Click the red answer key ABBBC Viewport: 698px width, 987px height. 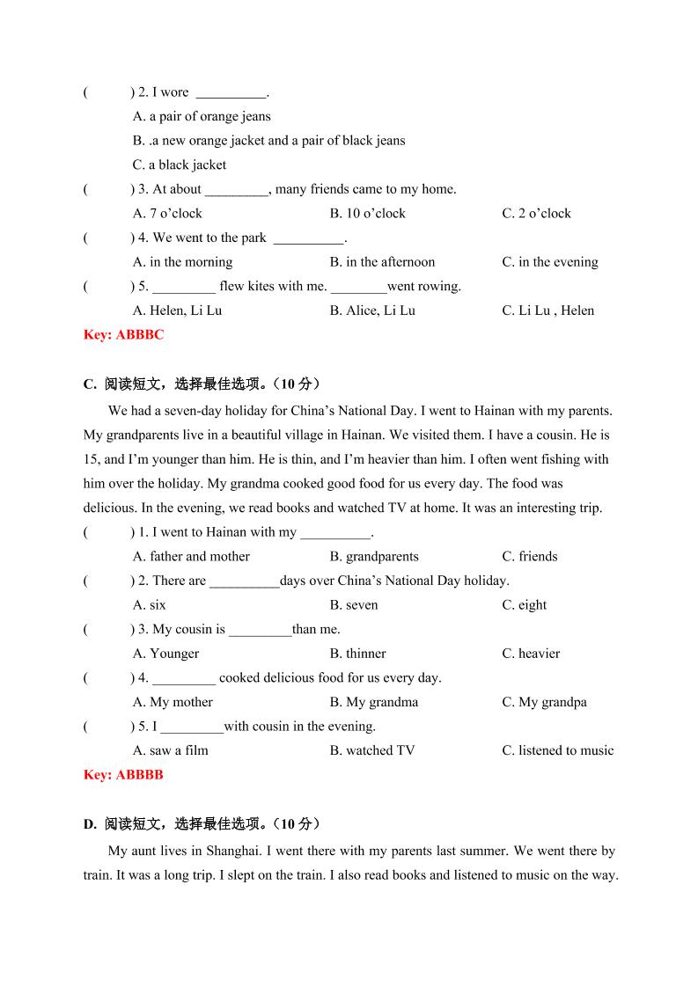pos(123,334)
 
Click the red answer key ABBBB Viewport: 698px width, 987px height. pos(123,775)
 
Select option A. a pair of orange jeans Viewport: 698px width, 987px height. pos(202,116)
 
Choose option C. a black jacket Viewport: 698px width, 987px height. pos(180,164)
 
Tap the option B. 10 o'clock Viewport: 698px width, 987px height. pos(367,213)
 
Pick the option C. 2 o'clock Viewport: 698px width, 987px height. pos(536,213)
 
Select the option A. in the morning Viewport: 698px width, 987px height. pos(182,262)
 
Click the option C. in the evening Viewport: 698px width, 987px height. pos(549,262)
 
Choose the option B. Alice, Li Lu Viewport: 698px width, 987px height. pos(372,311)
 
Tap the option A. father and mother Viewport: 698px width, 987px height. pos(191,556)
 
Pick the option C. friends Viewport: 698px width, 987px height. pos(529,556)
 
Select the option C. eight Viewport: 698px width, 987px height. pos(525,604)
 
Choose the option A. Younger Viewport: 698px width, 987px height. pos(165,654)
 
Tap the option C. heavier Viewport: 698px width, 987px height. pos(531,654)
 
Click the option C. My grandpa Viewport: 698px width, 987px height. pos(544,702)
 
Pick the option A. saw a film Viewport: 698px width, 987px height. pos(171,750)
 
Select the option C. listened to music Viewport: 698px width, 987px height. pos(557,750)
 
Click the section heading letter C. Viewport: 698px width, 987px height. pos(89,384)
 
